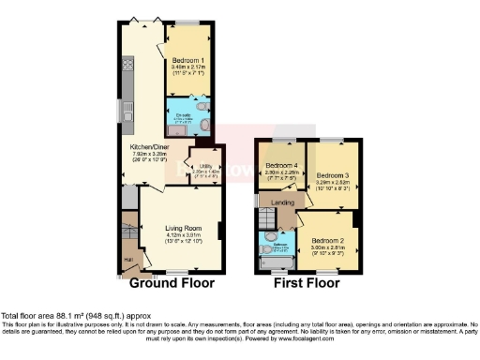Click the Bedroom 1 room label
point(189,60)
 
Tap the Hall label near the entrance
point(128,260)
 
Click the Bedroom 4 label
point(280,164)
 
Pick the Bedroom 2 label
point(328,240)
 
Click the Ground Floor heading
point(172,282)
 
